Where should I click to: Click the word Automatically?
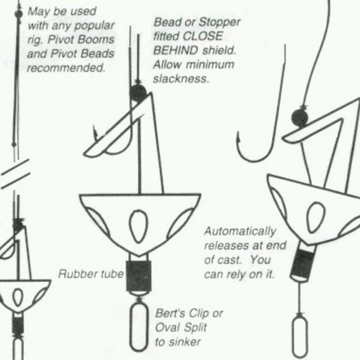(x=240, y=232)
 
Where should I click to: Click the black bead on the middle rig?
(x=138, y=92)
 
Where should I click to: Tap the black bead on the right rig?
(x=299, y=118)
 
